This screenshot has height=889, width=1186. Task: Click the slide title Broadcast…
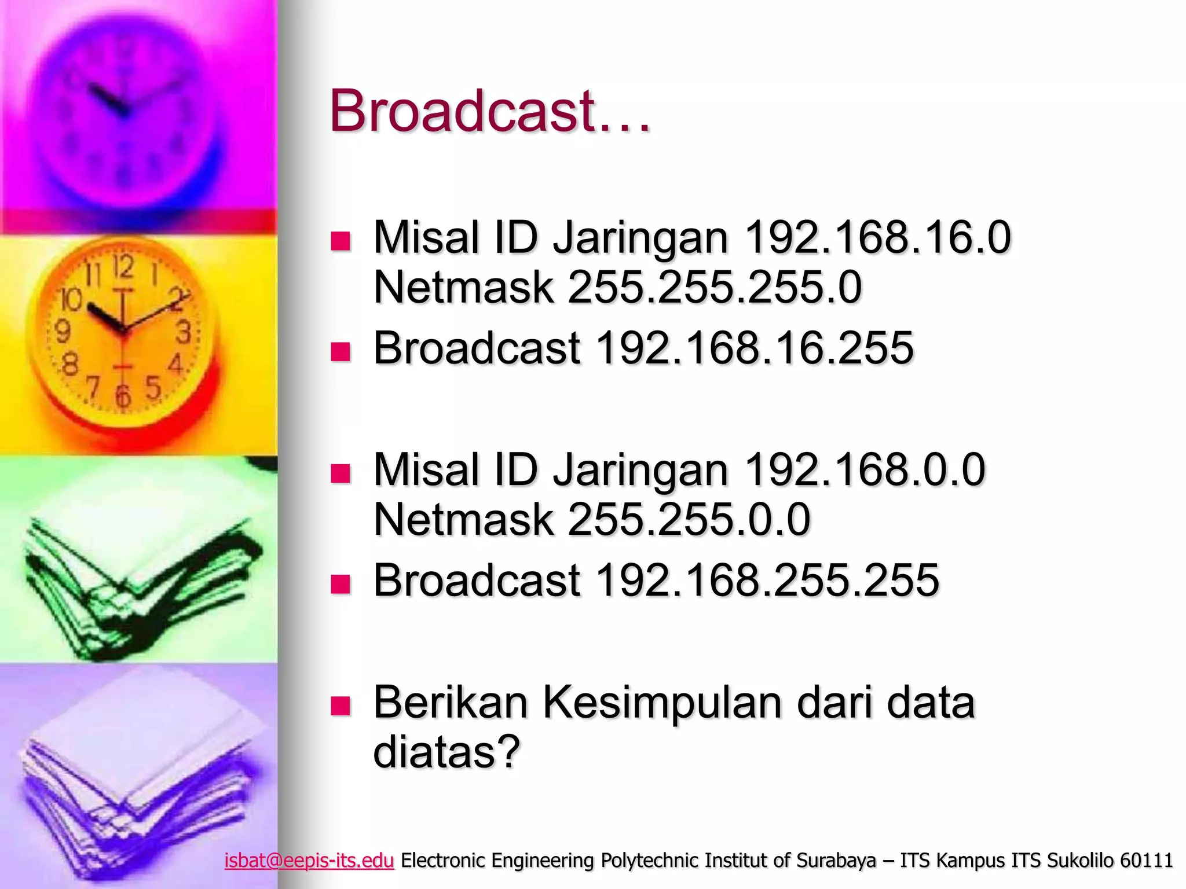[490, 111]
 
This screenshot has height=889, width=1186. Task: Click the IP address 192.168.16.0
[877, 238]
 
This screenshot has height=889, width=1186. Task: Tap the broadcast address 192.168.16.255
[755, 348]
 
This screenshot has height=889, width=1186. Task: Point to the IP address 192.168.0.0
[865, 469]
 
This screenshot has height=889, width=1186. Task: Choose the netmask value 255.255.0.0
[689, 519]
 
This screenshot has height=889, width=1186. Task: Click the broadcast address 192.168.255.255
[767, 580]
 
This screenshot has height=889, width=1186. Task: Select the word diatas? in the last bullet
[446, 751]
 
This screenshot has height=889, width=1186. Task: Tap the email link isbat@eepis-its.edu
[309, 861]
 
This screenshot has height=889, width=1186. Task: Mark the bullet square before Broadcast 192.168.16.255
[341, 351]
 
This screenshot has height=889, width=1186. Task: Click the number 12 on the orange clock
[123, 267]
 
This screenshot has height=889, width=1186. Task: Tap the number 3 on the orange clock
[184, 333]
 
